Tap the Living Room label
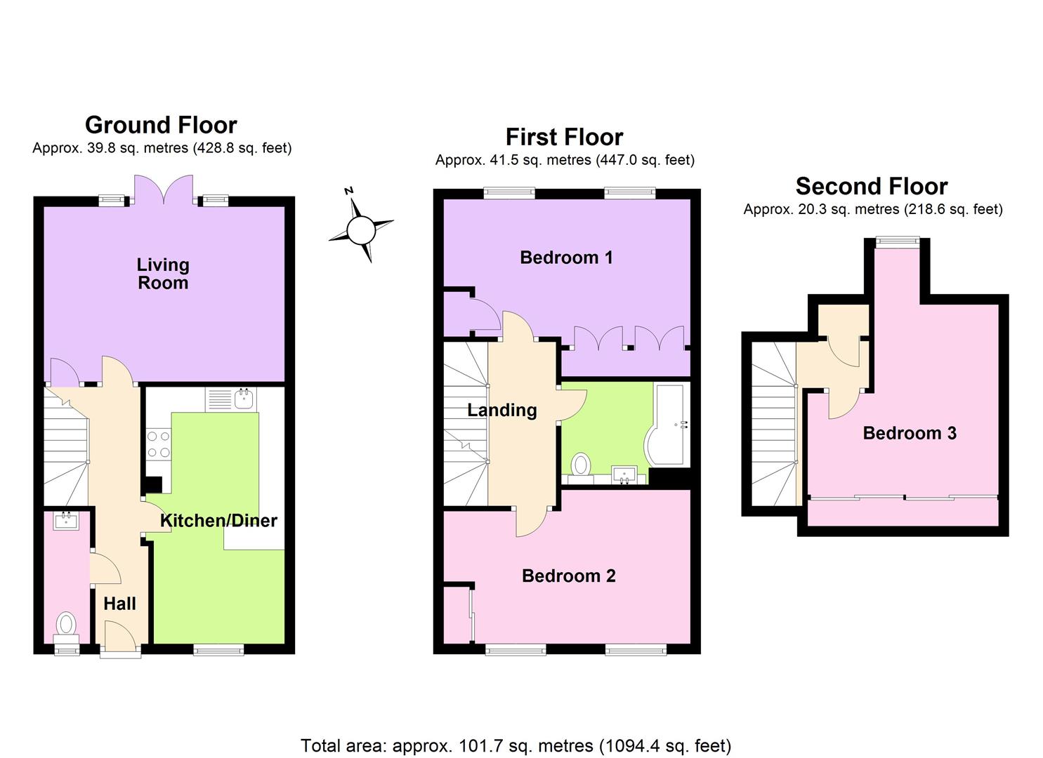tap(163, 274)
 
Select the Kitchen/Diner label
tap(218, 520)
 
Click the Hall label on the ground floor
tap(119, 603)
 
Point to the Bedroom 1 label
tap(566, 258)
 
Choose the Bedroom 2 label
tap(568, 576)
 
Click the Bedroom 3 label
tap(909, 432)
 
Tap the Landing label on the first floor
tap(501, 410)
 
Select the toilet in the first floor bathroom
tap(581, 465)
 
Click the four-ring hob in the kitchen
tap(158, 444)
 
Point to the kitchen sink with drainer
tap(232, 399)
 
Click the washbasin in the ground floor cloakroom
tap(66, 520)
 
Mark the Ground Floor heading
tap(161, 125)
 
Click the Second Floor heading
tap(871, 186)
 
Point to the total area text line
tap(516, 745)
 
